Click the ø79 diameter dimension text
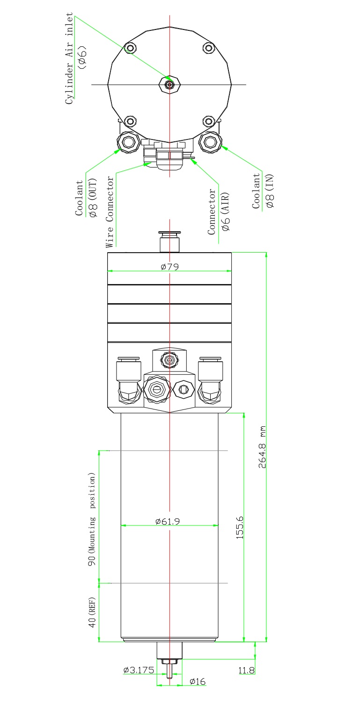169,267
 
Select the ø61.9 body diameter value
168,521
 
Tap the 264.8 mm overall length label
262,446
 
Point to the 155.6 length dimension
240,527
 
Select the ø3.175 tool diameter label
139,670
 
